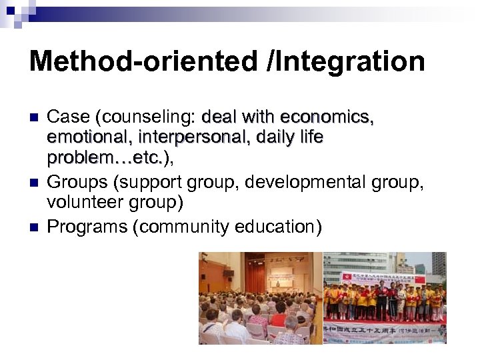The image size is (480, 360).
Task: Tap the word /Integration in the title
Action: tap(346, 61)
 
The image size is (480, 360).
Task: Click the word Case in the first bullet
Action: tap(68, 118)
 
